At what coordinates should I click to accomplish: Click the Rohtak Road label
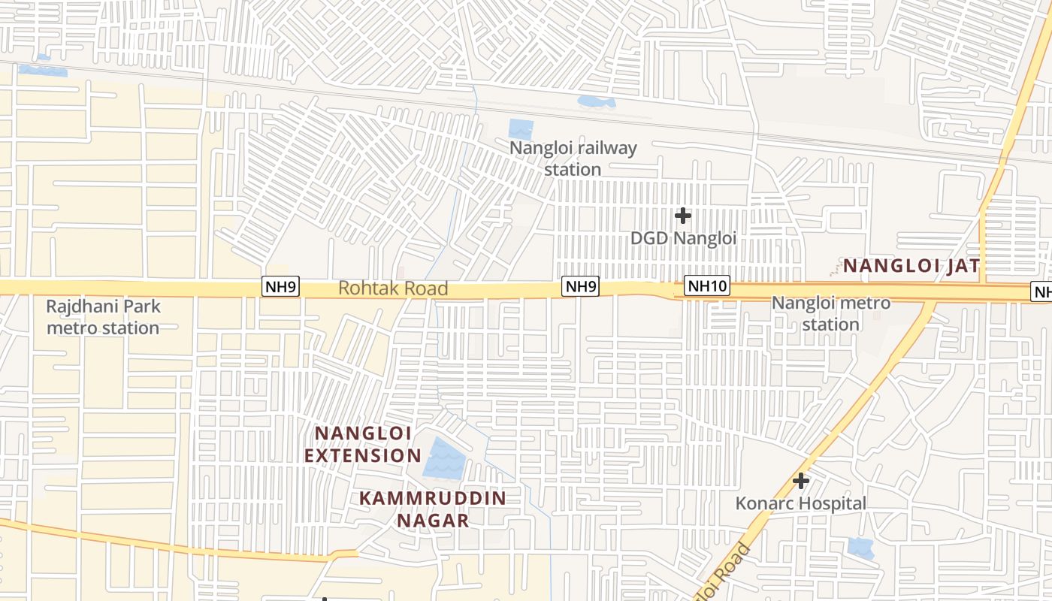coord(393,288)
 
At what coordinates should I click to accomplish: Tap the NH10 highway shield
coord(707,285)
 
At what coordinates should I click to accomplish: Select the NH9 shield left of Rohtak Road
coord(281,285)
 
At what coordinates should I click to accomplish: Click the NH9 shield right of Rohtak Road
coord(581,285)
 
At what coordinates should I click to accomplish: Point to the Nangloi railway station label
coord(573,159)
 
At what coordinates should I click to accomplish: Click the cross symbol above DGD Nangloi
coord(682,216)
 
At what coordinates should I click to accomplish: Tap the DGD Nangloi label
coord(682,238)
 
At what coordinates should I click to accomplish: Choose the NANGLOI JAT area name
coord(911,265)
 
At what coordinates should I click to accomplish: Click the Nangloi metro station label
coord(830,313)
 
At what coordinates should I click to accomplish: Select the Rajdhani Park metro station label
coord(103,317)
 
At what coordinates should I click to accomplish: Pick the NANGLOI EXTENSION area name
coord(363,444)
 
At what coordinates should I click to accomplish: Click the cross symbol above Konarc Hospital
coord(801,481)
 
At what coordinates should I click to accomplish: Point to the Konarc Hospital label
coord(800,503)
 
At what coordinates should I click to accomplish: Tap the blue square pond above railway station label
coord(521,129)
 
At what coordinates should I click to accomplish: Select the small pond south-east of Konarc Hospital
coord(860,548)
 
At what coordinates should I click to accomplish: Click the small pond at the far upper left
coord(43,70)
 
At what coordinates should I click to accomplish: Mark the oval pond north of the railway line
coord(596,101)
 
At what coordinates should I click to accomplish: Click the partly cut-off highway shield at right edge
coord(1043,292)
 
